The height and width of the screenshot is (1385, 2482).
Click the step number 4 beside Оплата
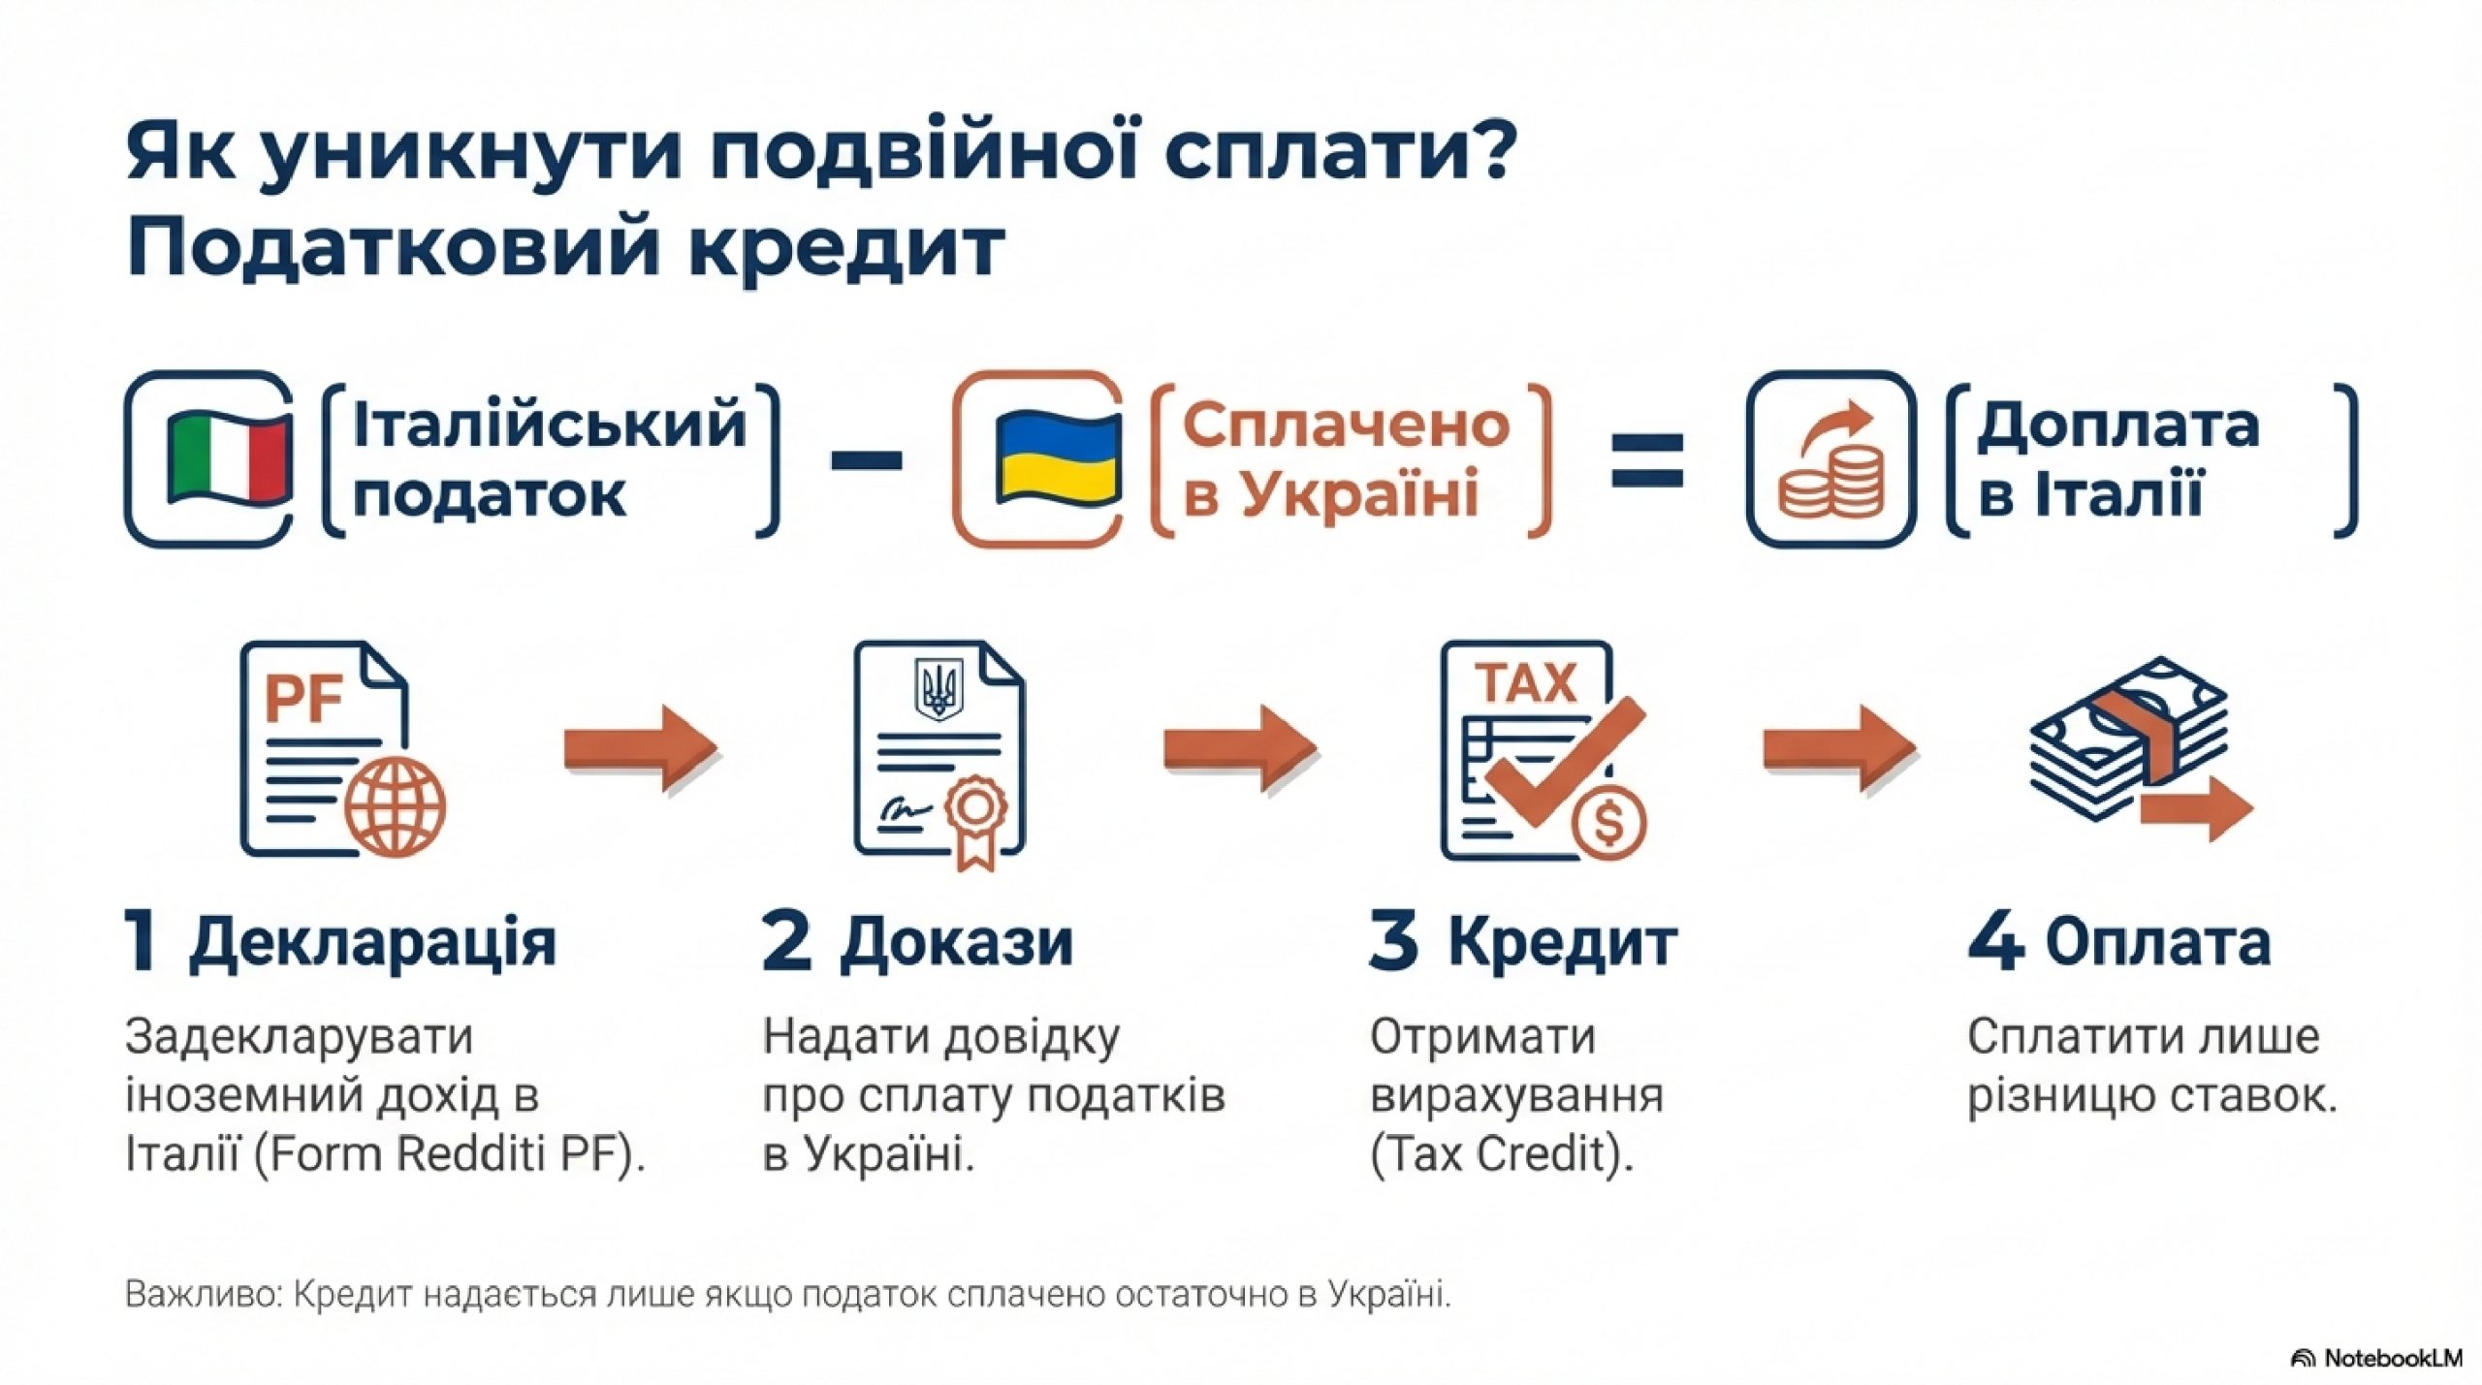(1994, 941)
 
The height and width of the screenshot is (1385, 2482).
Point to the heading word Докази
(956, 942)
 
